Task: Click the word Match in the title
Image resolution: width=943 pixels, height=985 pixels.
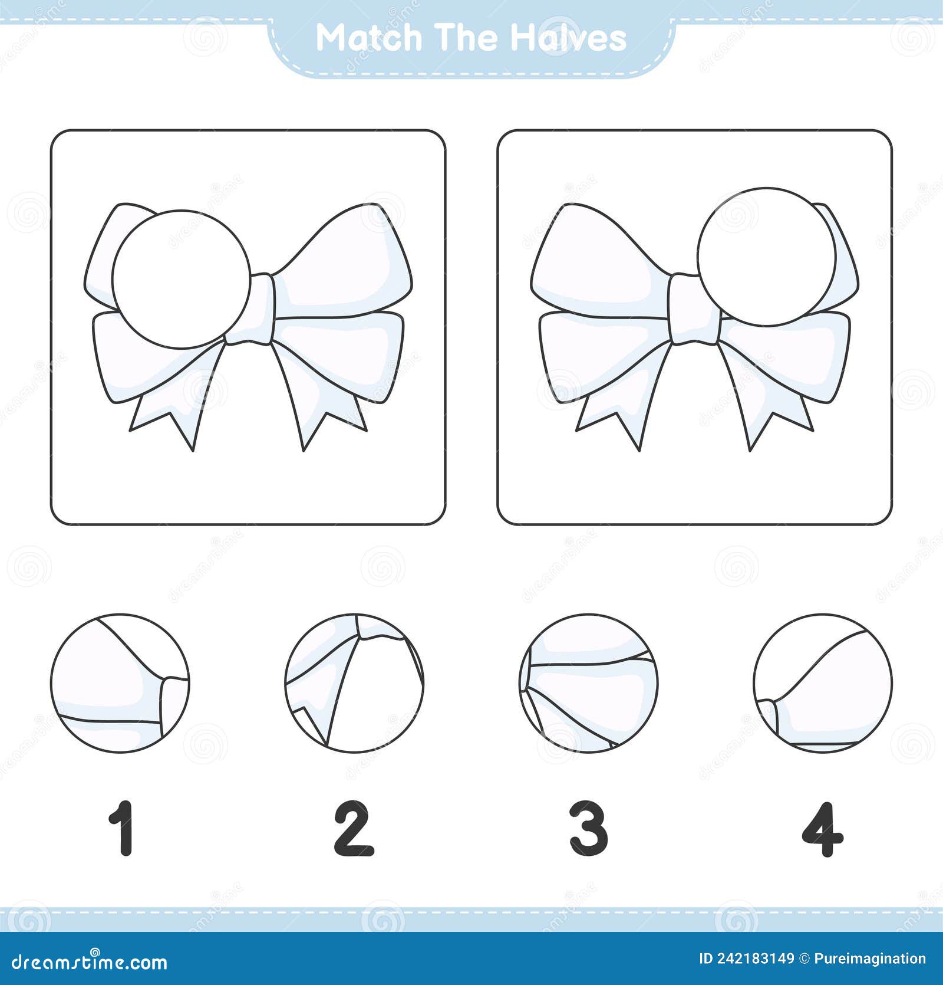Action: tap(370, 38)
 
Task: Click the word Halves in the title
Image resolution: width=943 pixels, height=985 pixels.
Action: tap(568, 38)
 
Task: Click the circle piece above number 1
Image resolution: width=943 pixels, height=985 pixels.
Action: tap(120, 683)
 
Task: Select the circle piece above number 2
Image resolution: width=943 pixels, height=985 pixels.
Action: tap(354, 683)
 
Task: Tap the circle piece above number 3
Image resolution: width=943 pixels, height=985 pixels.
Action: tap(589, 683)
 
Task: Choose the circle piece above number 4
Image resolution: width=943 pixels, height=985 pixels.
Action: tap(823, 683)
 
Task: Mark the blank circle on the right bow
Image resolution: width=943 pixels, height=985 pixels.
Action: tap(767, 256)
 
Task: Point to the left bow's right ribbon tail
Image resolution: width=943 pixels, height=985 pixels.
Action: tap(318, 401)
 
